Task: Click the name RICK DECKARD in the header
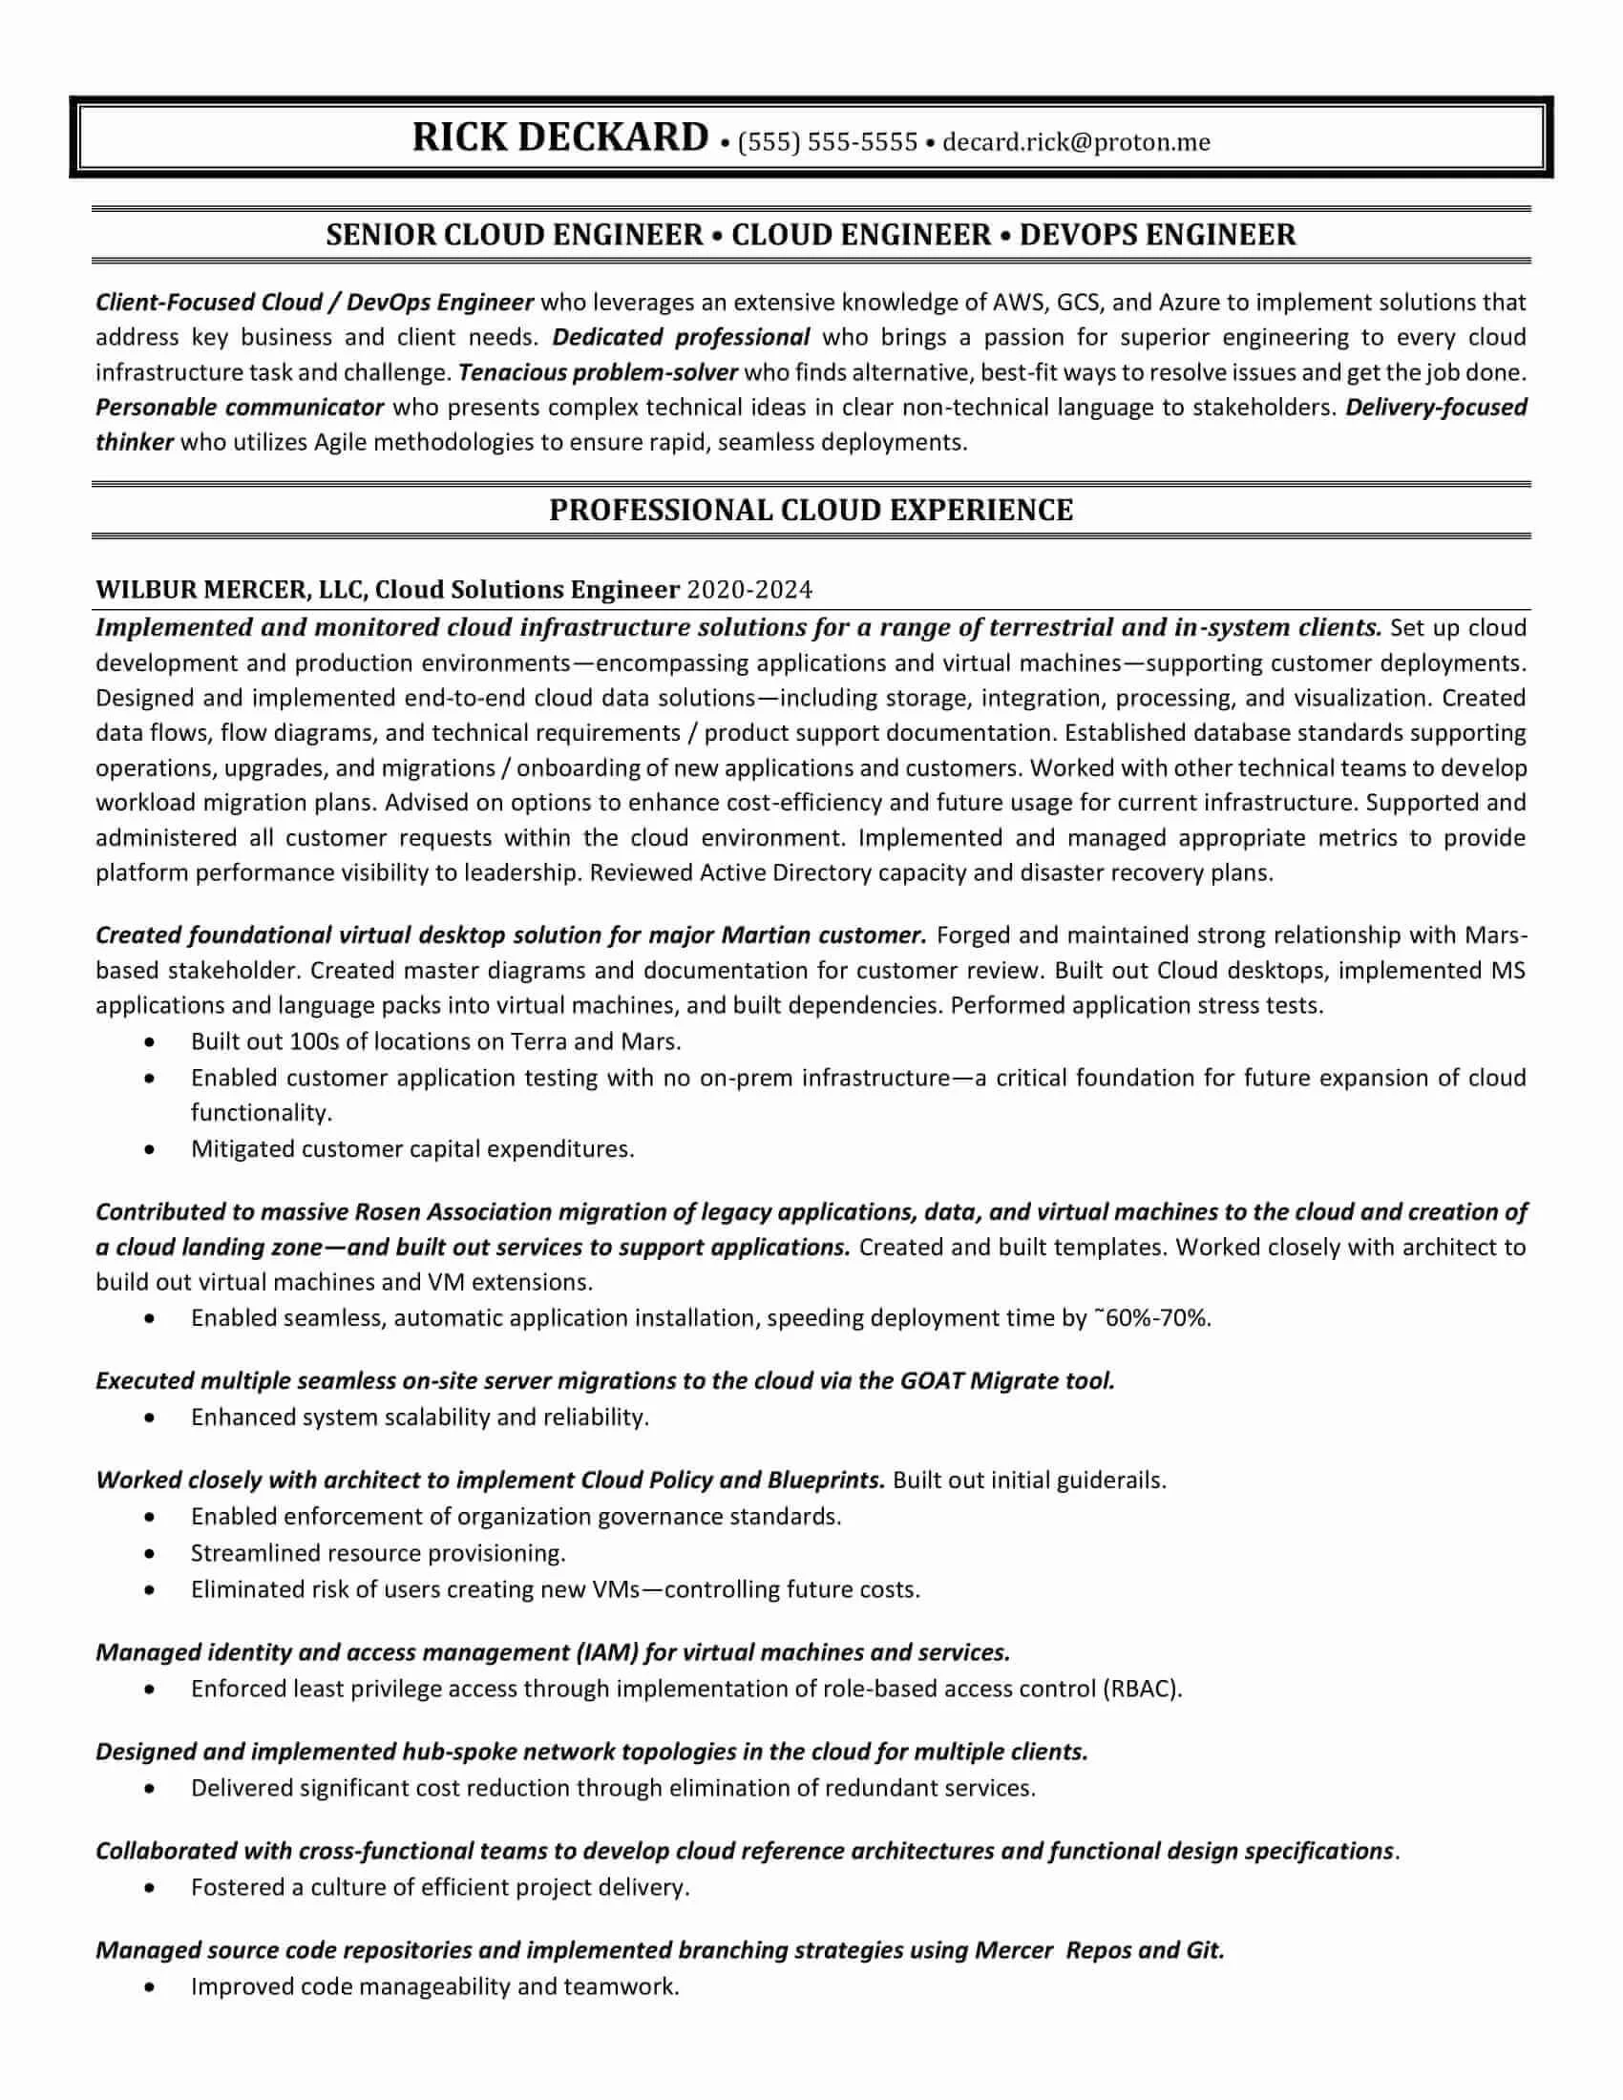tap(560, 137)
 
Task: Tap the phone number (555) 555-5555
tap(828, 142)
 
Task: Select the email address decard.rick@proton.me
tap(1076, 142)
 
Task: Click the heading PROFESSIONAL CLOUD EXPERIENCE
tap(811, 510)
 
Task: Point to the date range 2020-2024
tap(750, 589)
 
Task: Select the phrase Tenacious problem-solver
tap(598, 372)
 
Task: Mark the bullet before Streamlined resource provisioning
tap(149, 1554)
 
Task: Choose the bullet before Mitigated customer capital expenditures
tap(149, 1150)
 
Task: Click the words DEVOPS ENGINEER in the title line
tap(1158, 235)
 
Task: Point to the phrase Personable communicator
tap(240, 408)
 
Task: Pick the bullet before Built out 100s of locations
tap(149, 1042)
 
